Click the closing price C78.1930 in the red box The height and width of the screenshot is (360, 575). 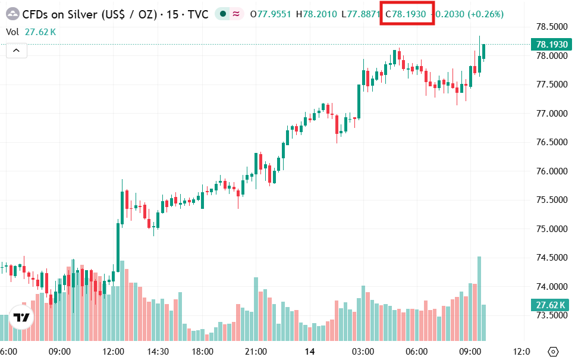point(407,14)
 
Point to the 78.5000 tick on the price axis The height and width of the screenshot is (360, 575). point(550,27)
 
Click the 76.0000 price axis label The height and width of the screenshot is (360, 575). point(550,171)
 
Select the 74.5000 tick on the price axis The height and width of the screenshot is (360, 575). point(550,258)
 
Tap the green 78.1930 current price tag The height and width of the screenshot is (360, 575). point(551,45)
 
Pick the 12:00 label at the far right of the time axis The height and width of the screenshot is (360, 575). point(521,351)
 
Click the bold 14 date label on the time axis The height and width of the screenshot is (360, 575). point(310,351)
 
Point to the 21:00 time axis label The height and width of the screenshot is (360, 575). point(256,351)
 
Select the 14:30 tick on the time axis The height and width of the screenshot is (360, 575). point(158,351)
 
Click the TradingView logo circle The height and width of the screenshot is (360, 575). point(21,318)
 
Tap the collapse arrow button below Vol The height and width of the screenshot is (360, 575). point(16,51)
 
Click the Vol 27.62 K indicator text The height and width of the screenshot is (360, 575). point(31,32)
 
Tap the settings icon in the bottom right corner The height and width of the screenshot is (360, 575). point(554,351)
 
